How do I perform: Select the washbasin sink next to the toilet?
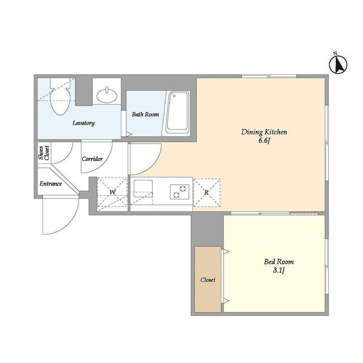coord(107,95)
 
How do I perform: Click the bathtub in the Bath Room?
coord(178,113)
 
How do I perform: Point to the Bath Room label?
coord(145,114)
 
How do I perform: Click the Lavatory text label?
coord(83,123)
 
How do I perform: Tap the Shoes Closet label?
coord(44,153)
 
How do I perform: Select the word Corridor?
coord(92,159)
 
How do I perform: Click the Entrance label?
coord(50,184)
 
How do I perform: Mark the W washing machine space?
coord(112,194)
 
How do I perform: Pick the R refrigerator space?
coord(206,193)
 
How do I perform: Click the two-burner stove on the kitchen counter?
coord(180,192)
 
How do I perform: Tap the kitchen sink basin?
coord(143,189)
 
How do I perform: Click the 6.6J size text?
coord(264,141)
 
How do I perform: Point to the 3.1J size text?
coord(278,270)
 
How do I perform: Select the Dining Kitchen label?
coord(264,132)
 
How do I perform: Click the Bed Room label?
coord(278,262)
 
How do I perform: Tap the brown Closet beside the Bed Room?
coord(208,279)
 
